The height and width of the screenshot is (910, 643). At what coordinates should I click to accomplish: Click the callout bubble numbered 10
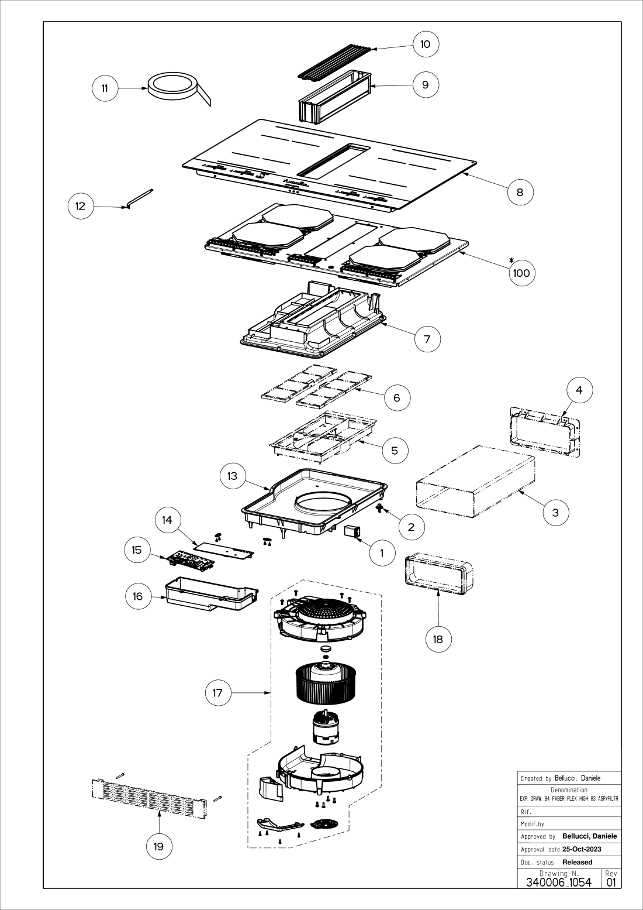(426, 44)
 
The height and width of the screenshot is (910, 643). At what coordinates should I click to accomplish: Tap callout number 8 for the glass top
(520, 191)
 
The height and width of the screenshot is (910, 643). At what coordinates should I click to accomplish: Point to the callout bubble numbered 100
(521, 273)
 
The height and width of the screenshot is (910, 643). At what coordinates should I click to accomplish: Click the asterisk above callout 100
(511, 260)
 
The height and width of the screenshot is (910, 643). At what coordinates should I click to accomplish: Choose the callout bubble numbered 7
(427, 339)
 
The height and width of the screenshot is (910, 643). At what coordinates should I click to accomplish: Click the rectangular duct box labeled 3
(475, 480)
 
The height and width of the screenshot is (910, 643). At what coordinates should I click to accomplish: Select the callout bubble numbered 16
(138, 596)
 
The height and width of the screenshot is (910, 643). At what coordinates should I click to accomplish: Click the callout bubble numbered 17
(217, 693)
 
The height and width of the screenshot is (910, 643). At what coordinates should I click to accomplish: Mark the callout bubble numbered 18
(438, 639)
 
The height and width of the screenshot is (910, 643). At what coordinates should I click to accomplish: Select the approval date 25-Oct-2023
(582, 849)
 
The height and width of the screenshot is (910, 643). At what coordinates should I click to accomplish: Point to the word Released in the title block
(577, 862)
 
